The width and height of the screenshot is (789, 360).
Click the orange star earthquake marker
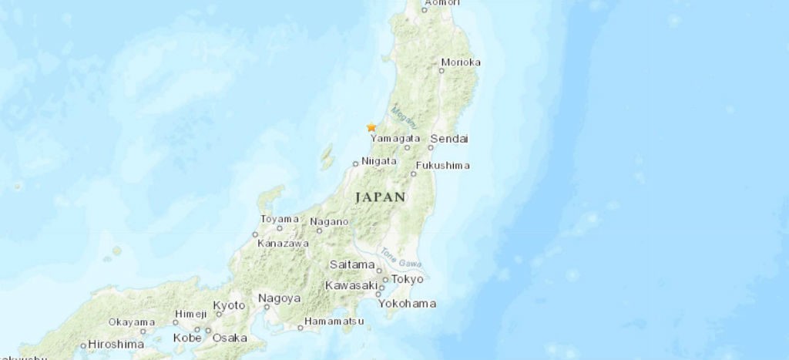coord(371,127)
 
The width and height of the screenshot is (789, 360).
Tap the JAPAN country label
coord(380,197)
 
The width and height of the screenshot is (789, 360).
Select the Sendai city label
coord(449,139)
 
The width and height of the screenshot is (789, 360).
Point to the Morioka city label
coord(462,62)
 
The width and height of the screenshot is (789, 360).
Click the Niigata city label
coord(378,161)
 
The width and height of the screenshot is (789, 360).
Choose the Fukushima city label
coord(442,166)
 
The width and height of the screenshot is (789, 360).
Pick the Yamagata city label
coord(395,139)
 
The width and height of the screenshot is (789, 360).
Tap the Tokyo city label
coord(408,278)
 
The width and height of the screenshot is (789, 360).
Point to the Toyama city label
coord(279,220)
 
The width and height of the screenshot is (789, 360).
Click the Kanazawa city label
coord(283,243)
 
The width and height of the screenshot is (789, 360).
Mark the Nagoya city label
coord(279,298)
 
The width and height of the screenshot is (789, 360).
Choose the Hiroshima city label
coord(116,344)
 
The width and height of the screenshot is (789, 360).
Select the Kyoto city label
coord(228,305)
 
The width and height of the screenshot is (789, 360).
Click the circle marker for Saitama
coord(379,271)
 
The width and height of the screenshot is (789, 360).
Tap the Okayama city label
coord(132,321)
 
